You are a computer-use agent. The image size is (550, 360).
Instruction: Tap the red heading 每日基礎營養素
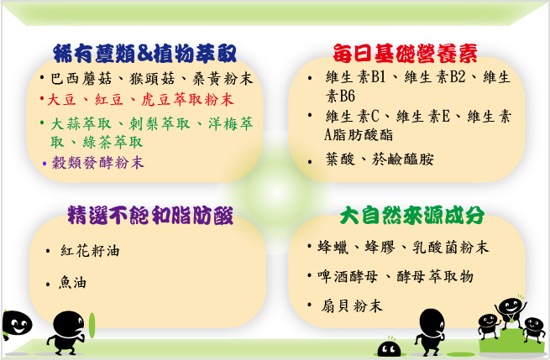[405, 53]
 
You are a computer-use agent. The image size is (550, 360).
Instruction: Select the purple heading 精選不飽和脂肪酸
[150, 215]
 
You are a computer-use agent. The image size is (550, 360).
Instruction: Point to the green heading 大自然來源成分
[411, 215]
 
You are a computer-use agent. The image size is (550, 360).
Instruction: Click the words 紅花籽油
[90, 251]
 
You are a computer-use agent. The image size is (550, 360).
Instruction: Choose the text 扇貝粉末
[352, 306]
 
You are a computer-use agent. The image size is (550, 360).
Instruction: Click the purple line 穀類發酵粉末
[98, 163]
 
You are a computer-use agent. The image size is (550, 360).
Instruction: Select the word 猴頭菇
[152, 79]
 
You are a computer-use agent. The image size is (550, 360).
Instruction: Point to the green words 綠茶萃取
[113, 142]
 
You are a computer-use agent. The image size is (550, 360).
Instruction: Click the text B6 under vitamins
[348, 96]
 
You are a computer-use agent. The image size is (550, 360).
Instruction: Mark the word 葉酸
[340, 159]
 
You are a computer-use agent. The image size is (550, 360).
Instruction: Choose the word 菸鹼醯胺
[403, 159]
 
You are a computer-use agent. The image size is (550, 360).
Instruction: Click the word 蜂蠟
[333, 247]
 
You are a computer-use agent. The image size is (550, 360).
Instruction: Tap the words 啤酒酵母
[348, 277]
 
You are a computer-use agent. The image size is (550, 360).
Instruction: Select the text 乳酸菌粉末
[450, 247]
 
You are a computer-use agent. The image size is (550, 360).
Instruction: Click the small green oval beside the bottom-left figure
[92, 326]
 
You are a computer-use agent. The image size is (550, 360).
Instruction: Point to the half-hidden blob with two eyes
[389, 348]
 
